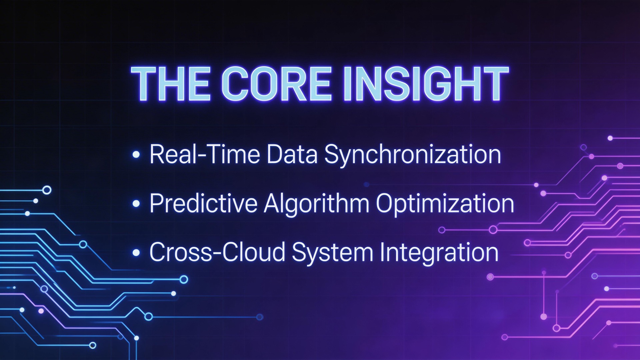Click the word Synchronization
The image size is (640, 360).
[413, 155]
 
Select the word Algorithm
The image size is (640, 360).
[316, 204]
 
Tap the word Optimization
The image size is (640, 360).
[445, 204]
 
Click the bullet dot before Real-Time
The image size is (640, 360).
[136, 155]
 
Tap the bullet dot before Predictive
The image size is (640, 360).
[136, 203]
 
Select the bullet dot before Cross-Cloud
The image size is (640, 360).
[136, 252]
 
